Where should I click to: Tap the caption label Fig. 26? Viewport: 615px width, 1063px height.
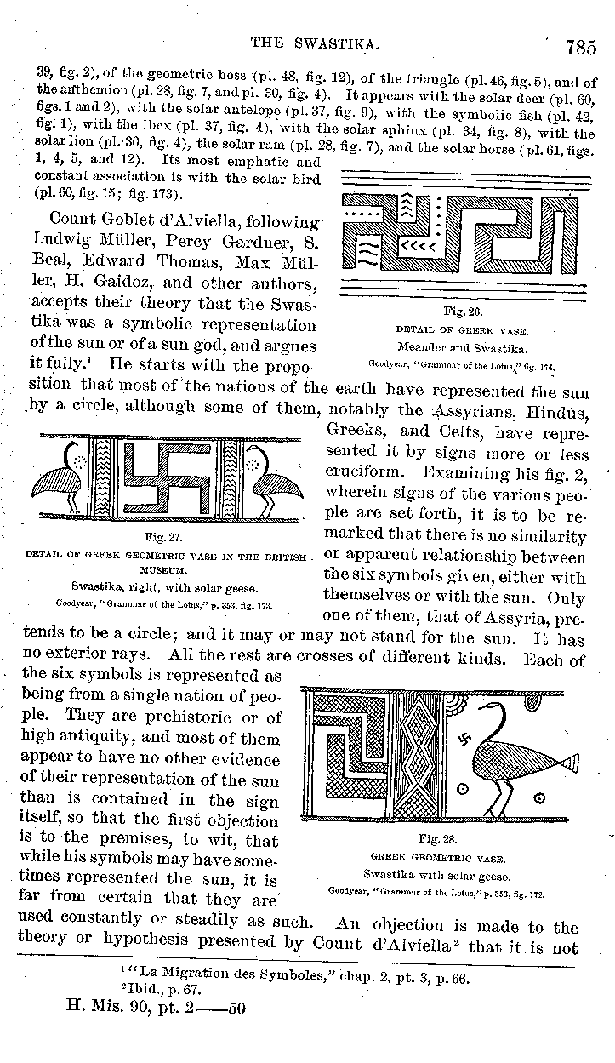tap(461, 312)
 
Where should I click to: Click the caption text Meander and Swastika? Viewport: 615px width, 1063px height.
tap(462, 347)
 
